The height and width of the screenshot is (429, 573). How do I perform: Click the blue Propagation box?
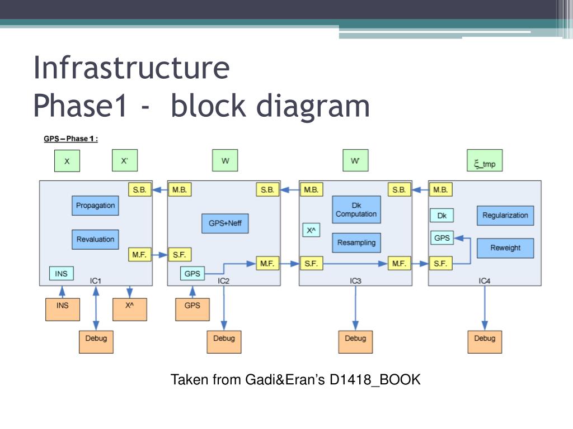[95, 206]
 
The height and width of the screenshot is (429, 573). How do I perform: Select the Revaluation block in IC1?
[95, 239]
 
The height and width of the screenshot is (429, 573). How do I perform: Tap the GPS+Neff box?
[225, 223]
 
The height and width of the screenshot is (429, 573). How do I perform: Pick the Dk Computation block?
[356, 210]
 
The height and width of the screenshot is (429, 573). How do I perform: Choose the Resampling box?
[356, 242]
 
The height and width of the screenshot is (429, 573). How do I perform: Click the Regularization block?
[505, 215]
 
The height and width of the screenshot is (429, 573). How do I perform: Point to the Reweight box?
[505, 248]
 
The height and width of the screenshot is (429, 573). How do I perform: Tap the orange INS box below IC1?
[63, 309]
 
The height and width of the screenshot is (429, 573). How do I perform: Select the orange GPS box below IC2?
[192, 309]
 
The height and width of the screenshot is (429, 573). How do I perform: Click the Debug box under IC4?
[485, 342]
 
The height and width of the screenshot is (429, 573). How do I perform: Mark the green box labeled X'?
[125, 160]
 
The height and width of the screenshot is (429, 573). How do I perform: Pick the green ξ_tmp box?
[485, 160]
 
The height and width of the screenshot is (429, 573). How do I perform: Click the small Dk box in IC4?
[442, 216]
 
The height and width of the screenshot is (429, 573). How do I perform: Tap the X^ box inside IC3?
[311, 230]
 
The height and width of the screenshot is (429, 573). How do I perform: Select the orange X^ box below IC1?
[130, 309]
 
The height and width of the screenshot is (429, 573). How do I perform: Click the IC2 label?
[223, 281]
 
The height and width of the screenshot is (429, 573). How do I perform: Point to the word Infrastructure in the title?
[131, 68]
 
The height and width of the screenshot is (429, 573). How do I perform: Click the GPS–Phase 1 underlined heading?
[71, 139]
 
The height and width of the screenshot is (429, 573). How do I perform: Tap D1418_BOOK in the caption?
[375, 380]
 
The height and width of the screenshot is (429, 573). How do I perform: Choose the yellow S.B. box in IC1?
[139, 190]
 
